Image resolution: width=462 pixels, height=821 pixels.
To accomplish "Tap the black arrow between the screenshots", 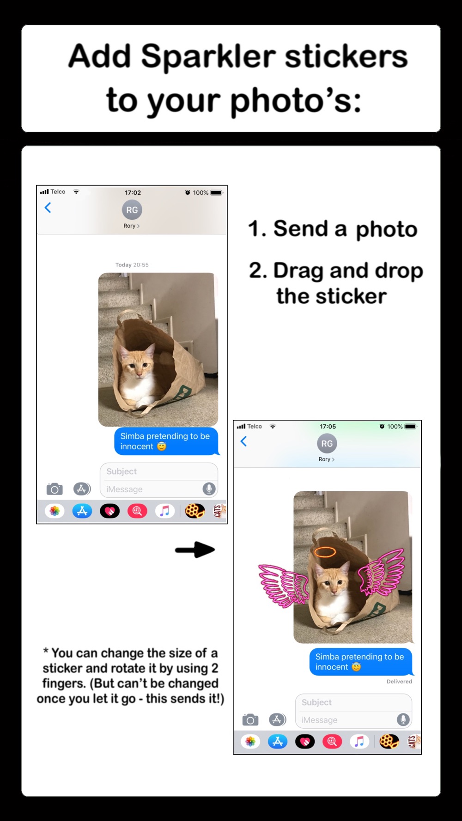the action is click(x=195, y=549).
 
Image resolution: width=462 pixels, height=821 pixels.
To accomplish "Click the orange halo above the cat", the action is click(x=325, y=552).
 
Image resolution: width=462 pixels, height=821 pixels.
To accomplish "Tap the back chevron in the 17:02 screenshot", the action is click(x=48, y=208).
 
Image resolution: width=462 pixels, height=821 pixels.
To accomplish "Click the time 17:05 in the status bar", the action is click(x=328, y=426).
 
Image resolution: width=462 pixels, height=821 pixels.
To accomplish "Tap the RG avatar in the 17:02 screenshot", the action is click(x=132, y=210).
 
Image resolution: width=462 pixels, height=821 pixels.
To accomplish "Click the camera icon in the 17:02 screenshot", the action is click(x=55, y=489).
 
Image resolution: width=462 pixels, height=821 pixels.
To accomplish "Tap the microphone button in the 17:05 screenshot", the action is click(x=403, y=719).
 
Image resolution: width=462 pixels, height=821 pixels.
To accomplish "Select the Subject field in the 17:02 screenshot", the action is click(x=159, y=471).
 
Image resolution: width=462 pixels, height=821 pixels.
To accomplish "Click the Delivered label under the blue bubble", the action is click(x=399, y=682).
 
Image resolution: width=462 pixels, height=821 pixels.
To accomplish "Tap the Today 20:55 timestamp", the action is click(x=132, y=265).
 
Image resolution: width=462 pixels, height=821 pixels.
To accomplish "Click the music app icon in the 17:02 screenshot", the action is click(x=164, y=511).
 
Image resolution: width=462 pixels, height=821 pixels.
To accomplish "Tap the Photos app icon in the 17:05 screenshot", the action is click(x=250, y=741).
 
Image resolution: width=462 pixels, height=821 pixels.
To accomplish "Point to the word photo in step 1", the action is click(x=386, y=229).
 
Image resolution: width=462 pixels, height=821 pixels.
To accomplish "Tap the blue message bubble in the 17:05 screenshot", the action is click(x=360, y=662).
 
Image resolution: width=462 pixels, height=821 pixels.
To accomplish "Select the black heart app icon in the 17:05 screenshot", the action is click(x=305, y=741).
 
